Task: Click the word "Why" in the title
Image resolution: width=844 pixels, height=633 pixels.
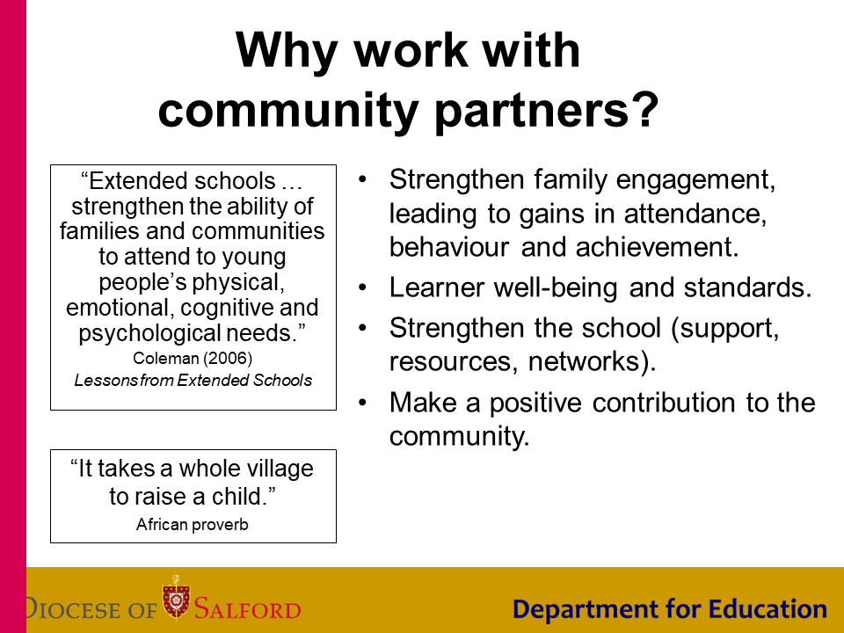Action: click(x=287, y=52)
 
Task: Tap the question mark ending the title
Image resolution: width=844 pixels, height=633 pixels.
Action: click(x=645, y=109)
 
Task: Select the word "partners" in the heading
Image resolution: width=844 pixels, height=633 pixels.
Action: click(x=531, y=112)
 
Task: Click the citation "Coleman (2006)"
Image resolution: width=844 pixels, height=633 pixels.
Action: click(x=193, y=358)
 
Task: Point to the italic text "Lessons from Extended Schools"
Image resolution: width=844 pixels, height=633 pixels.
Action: click(x=193, y=380)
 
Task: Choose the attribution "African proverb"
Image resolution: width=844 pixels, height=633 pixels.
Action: click(x=193, y=524)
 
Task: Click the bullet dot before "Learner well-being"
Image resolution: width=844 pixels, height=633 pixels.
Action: click(x=363, y=288)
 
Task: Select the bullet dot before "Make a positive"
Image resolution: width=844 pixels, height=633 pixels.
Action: click(x=363, y=403)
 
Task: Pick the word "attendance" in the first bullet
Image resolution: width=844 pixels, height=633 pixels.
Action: click(x=695, y=214)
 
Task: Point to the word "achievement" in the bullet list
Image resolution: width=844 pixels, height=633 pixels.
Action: click(x=657, y=247)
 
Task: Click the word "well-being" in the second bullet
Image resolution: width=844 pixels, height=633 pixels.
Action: click(x=556, y=288)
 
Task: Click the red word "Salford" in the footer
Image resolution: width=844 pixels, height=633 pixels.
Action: click(x=247, y=608)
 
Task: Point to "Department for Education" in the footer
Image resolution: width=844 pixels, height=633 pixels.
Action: click(x=670, y=609)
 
